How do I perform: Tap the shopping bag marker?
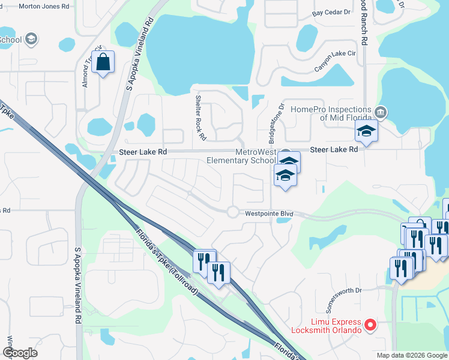tap(103, 61)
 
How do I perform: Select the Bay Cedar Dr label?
tap(331, 13)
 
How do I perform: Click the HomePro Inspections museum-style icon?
tap(380, 112)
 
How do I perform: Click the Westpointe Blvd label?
tap(268, 213)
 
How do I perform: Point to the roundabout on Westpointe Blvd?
tap(232, 211)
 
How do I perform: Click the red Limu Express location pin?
tap(370, 326)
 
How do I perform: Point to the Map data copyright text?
tap(412, 355)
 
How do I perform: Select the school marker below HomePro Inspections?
tap(366, 131)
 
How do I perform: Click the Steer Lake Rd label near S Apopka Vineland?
tap(142, 152)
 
